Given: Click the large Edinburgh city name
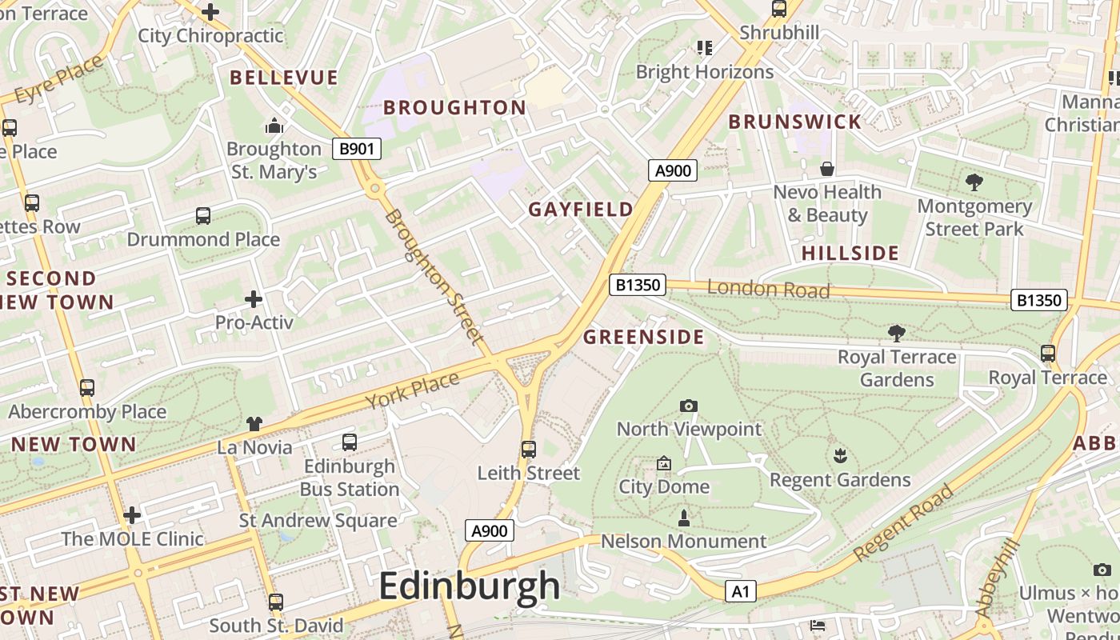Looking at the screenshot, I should click(x=469, y=586).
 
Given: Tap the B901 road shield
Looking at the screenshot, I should click(x=357, y=148).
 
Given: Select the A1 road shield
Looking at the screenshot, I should click(x=740, y=591).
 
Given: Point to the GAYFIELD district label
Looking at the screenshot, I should click(x=581, y=210).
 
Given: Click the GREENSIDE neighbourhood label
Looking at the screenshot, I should click(x=643, y=337).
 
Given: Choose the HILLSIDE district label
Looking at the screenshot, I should click(x=850, y=254).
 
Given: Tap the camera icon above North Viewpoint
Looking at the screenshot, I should click(x=688, y=406).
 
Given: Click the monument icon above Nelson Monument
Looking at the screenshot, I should click(x=683, y=518).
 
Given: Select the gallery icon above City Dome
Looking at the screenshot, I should click(x=663, y=464).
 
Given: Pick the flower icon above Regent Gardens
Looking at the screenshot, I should click(x=839, y=457).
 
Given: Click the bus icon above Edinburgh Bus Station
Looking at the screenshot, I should click(x=350, y=442).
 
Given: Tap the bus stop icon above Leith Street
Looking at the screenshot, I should click(x=528, y=450).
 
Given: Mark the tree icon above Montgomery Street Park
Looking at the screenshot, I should click(x=974, y=182).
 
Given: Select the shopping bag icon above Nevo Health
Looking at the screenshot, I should click(x=827, y=169).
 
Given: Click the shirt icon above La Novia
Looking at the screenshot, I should click(x=254, y=424).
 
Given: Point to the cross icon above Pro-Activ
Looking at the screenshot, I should click(x=254, y=299).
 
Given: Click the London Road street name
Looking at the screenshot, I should click(x=768, y=290).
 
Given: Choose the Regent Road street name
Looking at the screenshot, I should click(x=903, y=522).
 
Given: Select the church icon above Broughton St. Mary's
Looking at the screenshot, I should click(x=274, y=126).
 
